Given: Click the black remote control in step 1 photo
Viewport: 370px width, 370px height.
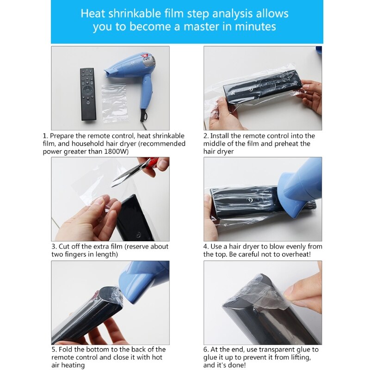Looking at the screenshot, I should [x=87, y=94].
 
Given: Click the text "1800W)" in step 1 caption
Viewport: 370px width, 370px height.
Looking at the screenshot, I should [x=117, y=151].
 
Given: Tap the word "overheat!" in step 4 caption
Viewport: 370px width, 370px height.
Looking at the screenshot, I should [x=294, y=254].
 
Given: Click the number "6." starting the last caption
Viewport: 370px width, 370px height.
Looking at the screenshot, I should [x=206, y=350].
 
